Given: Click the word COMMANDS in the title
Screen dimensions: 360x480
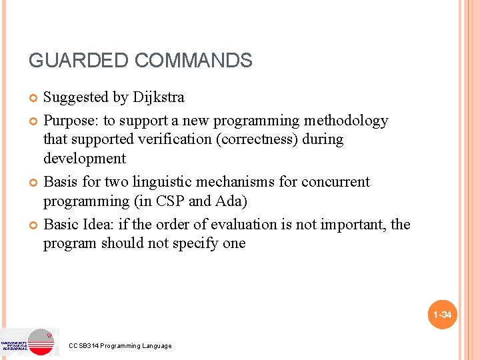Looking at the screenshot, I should click(x=193, y=61).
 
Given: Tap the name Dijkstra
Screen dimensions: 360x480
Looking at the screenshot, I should click(x=158, y=97).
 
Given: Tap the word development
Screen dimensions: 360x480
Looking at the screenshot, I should click(x=85, y=158).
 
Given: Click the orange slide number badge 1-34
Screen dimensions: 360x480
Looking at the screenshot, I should click(x=442, y=314).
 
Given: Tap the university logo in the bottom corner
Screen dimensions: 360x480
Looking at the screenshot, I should click(x=29, y=341).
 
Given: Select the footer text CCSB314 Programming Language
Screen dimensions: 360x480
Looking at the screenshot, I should click(x=120, y=345).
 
